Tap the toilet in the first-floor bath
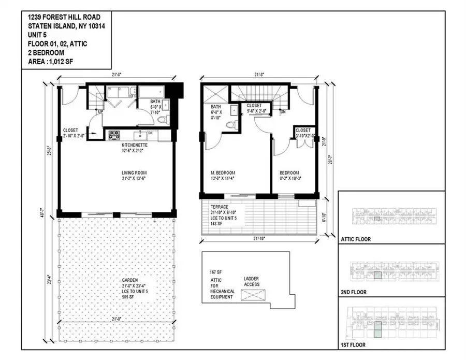(x=161, y=120)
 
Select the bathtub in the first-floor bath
(x=151, y=92)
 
